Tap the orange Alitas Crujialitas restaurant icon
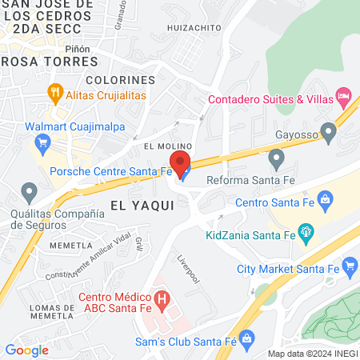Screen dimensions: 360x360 click(55, 92)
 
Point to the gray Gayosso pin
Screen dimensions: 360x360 click(327, 130)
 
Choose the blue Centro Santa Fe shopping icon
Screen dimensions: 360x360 click(326, 197)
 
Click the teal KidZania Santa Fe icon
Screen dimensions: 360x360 click(304, 233)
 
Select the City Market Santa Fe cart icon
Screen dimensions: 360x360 click(349, 266)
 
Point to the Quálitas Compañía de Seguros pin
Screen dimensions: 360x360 click(30, 192)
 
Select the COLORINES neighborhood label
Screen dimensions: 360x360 click(120, 81)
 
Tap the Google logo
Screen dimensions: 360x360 click(26, 350)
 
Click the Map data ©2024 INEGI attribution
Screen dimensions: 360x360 click(312, 354)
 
